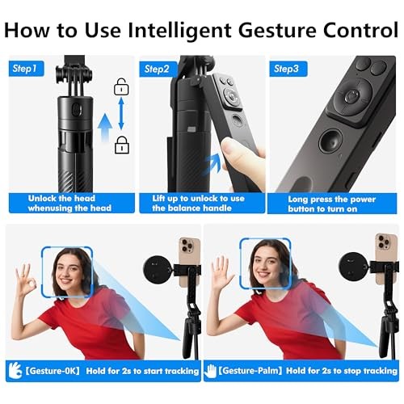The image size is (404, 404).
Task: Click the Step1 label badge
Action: [x=26, y=69]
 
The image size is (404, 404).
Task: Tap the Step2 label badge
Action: [x=158, y=69]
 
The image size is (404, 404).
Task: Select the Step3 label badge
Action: [x=288, y=69]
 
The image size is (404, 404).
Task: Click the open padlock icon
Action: [x=121, y=86]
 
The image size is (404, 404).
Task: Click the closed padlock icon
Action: [x=122, y=145]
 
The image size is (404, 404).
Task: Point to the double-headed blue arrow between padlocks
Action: [x=121, y=114]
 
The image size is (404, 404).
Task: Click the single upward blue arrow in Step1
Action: [x=105, y=128]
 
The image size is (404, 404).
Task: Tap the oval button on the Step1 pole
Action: [x=77, y=110]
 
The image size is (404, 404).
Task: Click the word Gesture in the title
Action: [x=277, y=30]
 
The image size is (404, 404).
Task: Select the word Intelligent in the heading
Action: [x=179, y=31]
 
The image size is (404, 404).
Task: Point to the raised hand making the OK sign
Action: [x=25, y=280]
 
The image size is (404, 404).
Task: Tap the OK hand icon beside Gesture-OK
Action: [x=15, y=370]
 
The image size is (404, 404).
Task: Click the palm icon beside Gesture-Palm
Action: [x=210, y=371]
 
